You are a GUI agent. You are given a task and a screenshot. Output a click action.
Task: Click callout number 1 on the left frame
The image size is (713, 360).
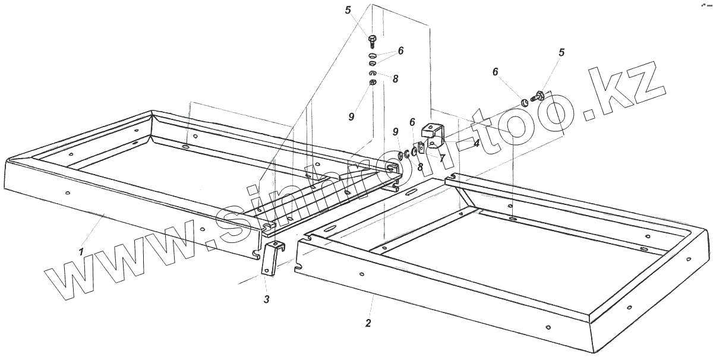coord(81,252)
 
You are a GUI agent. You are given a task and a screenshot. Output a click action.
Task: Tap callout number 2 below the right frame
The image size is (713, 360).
coord(368,324)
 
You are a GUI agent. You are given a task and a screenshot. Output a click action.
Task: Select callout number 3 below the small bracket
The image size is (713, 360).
coord(267,299)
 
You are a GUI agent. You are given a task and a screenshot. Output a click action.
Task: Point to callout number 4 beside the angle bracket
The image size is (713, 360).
coord(476,143)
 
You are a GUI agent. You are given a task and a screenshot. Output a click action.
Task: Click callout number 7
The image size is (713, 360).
coord(441,157)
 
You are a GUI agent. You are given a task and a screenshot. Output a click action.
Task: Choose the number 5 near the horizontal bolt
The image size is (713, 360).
coord(560,53)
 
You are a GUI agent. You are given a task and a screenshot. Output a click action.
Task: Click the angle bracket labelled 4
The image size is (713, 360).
coord(434,134)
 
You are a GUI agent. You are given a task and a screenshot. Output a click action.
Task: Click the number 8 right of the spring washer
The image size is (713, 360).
coord(395,78)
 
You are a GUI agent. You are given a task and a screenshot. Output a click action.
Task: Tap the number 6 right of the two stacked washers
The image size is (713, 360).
coord(400,51)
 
